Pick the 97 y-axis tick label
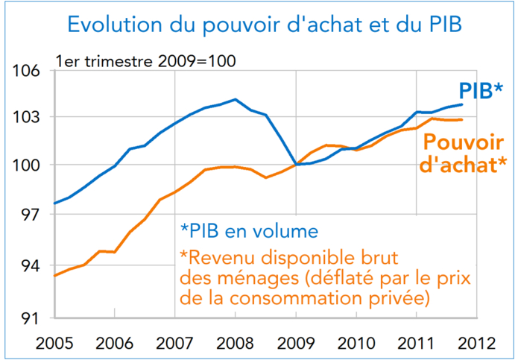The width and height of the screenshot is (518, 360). (x=27, y=215)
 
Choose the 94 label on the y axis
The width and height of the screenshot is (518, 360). (x=27, y=266)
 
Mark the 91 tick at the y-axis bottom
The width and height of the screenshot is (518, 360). (x=27, y=318)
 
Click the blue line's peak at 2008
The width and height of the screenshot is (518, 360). (x=236, y=99)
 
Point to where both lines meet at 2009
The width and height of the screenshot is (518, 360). (x=296, y=165)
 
